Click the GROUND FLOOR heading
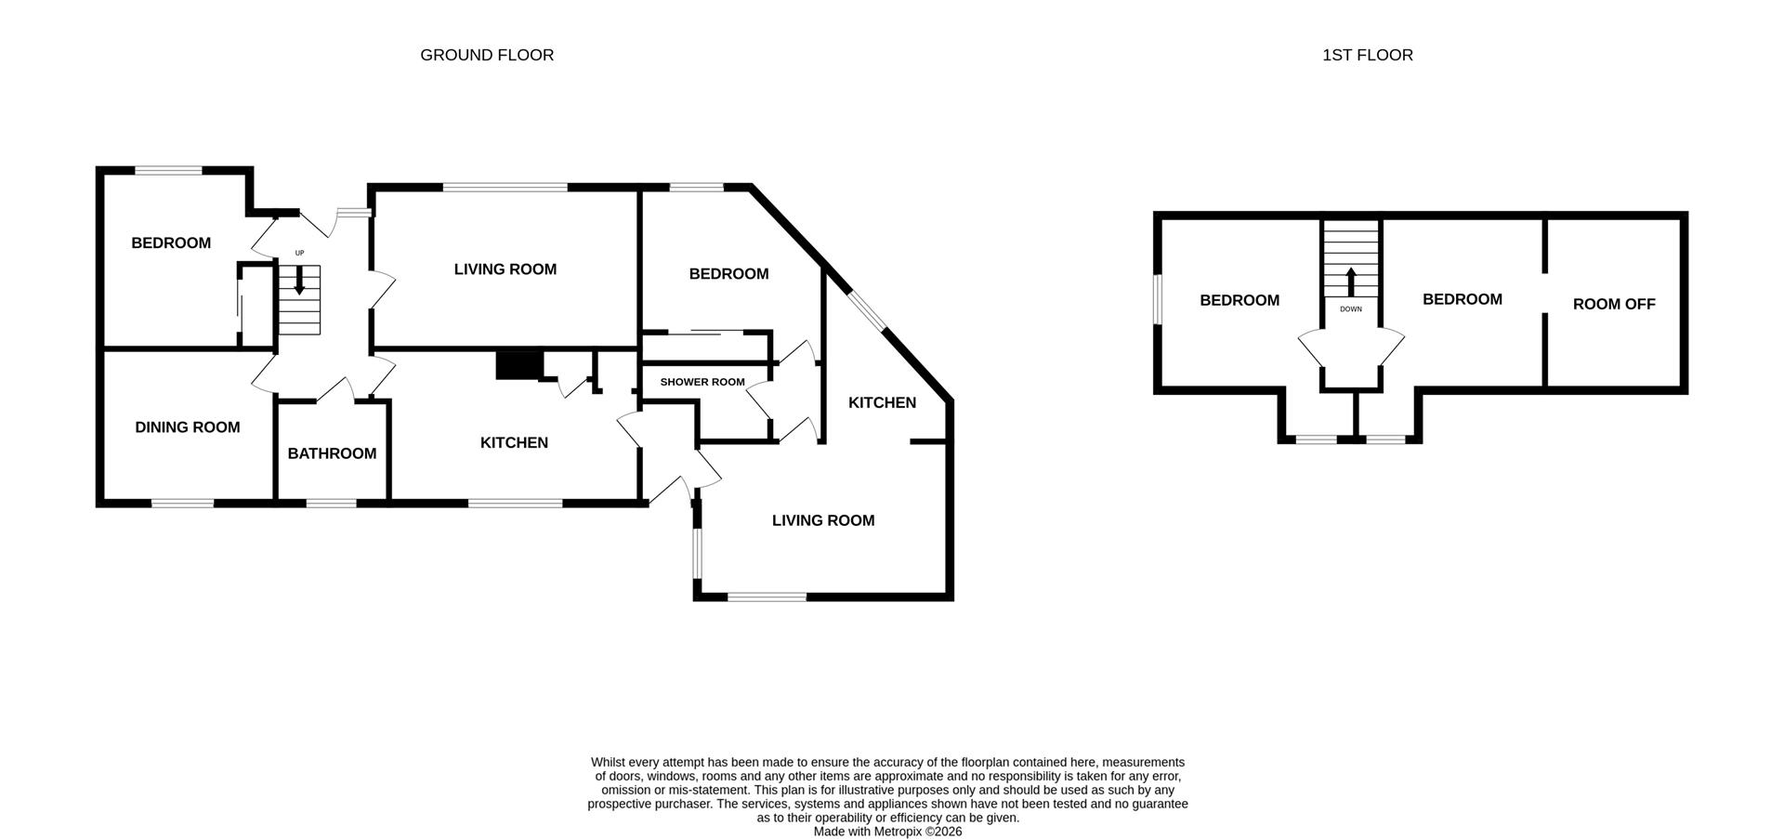coord(487,55)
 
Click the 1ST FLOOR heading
coord(1367,55)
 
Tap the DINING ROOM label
coord(188,427)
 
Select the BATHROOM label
coord(332,453)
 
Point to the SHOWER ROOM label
coord(702,382)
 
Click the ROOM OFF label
coord(1614,304)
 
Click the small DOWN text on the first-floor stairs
coord(1351,308)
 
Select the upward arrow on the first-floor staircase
coord(1351,281)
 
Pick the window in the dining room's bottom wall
coord(183,503)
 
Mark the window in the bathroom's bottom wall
coord(332,503)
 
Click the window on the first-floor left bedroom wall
coord(1158,299)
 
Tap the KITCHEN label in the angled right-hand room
coord(882,402)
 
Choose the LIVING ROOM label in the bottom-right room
coord(823,520)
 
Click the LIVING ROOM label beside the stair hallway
coord(505,269)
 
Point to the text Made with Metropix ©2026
coord(887,832)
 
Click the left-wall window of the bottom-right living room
coord(697,555)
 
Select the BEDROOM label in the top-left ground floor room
coord(171,243)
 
